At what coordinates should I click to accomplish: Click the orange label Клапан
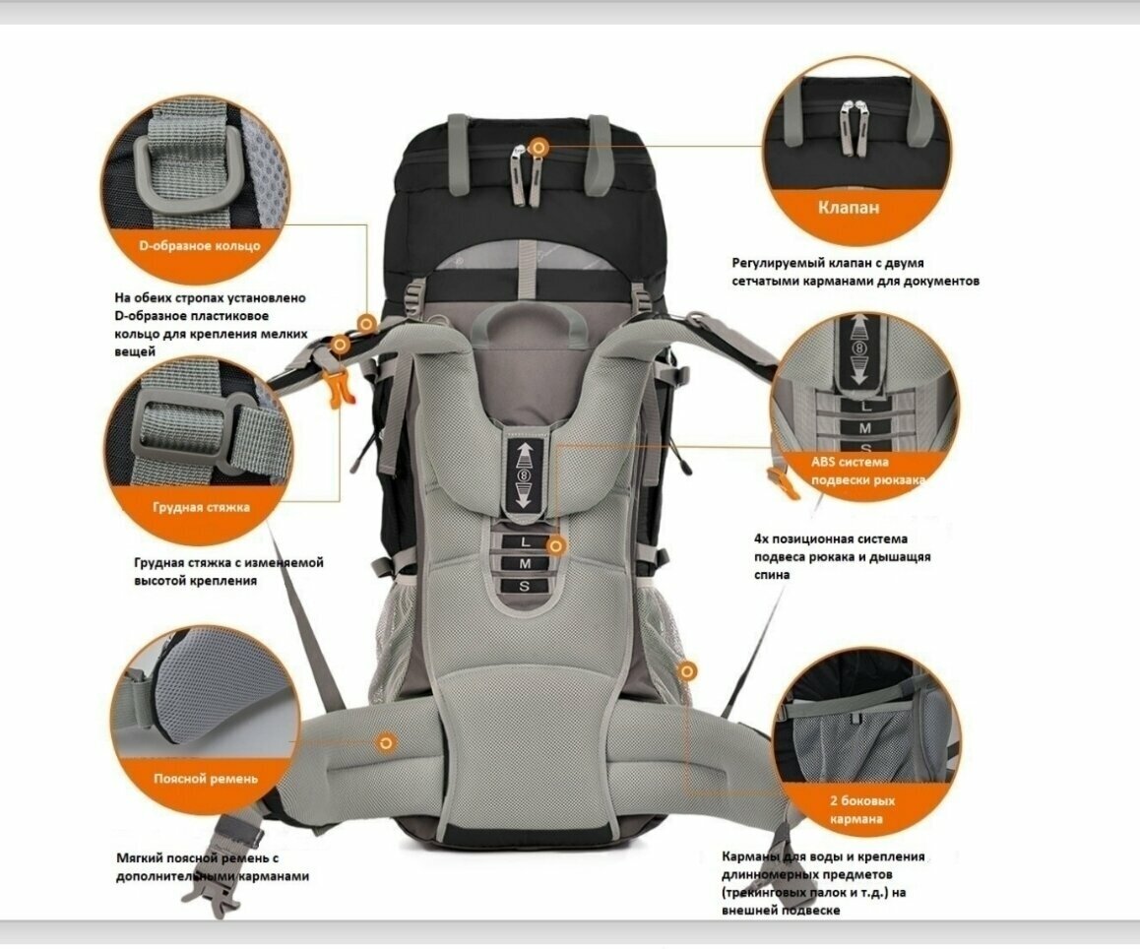point(849,208)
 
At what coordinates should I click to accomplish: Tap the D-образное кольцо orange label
point(199,245)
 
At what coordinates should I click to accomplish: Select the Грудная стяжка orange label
point(201,507)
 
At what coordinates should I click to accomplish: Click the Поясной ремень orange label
point(205,778)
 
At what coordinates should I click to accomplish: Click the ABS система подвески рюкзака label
point(867,471)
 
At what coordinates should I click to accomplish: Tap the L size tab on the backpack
point(525,541)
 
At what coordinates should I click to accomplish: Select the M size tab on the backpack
point(525,563)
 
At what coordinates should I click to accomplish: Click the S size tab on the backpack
point(525,586)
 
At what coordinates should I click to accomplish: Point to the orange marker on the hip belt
point(386,742)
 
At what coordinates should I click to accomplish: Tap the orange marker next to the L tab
point(556,545)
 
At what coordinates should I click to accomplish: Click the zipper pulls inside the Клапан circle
point(854,127)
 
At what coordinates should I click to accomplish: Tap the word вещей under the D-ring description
point(135,352)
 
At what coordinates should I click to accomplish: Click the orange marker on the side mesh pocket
point(687,671)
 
